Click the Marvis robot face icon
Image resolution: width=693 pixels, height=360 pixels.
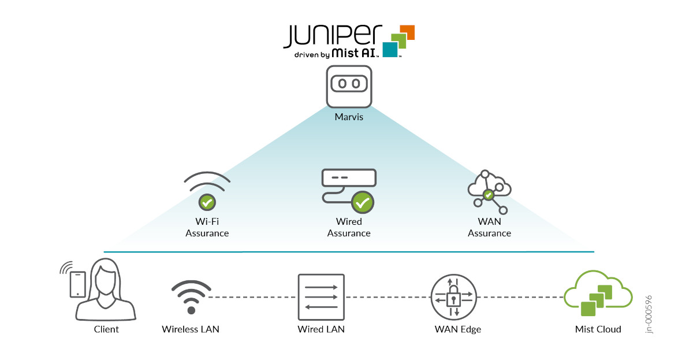pos(349,86)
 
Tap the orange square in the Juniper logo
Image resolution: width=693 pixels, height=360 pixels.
pos(408,32)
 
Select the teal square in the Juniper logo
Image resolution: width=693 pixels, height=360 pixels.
pos(390,50)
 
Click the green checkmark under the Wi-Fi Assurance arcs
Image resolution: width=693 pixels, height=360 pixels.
pos(207,202)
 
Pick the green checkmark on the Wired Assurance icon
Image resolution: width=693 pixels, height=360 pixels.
pos(363,203)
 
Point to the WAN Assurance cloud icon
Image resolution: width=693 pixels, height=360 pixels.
pos(489,192)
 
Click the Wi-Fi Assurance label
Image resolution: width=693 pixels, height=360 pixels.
pos(207,227)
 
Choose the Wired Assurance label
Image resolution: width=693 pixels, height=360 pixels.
pos(349,227)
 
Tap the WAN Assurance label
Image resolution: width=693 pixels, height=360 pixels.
pos(489,227)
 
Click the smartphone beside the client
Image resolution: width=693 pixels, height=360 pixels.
pos(77,284)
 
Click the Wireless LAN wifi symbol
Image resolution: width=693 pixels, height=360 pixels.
pos(191,297)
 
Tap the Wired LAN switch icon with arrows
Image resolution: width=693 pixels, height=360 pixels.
pos(321,297)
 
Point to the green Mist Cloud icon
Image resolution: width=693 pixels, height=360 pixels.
pos(598,293)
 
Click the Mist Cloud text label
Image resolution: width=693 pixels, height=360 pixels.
pos(598,329)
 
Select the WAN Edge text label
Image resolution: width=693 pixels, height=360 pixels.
pos(458,329)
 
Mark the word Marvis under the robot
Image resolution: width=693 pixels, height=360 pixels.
pos(349,117)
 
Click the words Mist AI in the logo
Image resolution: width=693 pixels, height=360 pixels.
pos(354,53)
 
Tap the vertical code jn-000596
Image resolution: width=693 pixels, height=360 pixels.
pos(649,314)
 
